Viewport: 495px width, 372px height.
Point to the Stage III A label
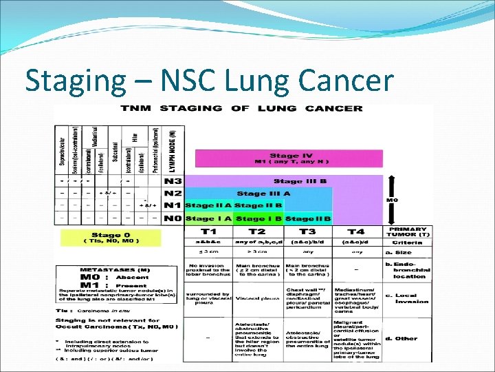click(x=263, y=194)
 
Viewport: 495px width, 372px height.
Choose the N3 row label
click(x=173, y=181)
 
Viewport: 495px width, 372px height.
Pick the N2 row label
click(x=173, y=194)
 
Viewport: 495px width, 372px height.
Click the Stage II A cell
click(x=209, y=206)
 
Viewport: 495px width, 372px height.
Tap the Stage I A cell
click(x=209, y=219)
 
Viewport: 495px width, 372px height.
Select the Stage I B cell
click(x=258, y=219)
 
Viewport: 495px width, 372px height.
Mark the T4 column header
click(x=356, y=232)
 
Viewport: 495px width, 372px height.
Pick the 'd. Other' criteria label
click(x=402, y=338)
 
